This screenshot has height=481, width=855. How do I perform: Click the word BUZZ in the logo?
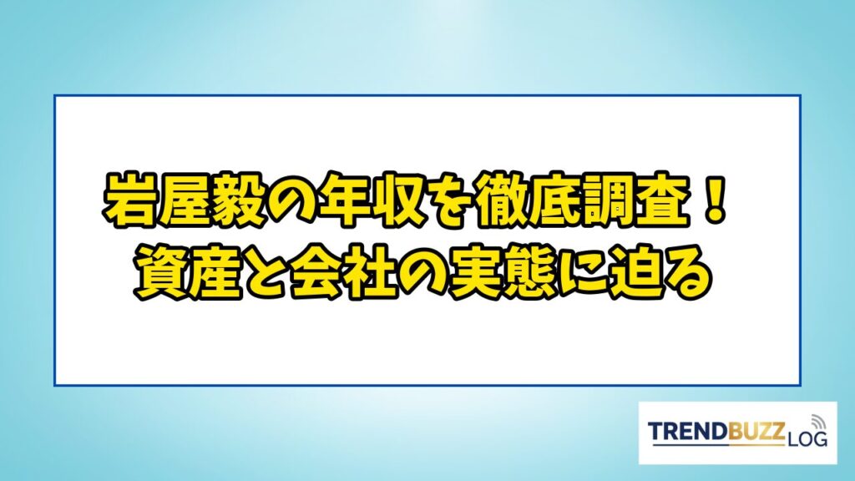[x=756, y=431]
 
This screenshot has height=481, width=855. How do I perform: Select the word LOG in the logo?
[x=807, y=438]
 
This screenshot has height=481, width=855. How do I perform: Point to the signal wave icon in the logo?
[x=818, y=422]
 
